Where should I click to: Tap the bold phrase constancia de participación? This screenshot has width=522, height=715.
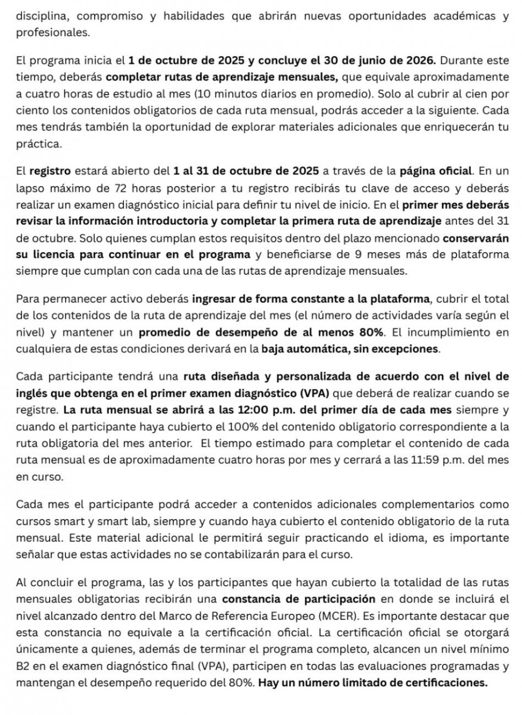[298, 598]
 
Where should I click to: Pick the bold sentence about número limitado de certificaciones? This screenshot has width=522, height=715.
[373, 682]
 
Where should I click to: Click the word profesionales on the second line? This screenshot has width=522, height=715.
[53, 33]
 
